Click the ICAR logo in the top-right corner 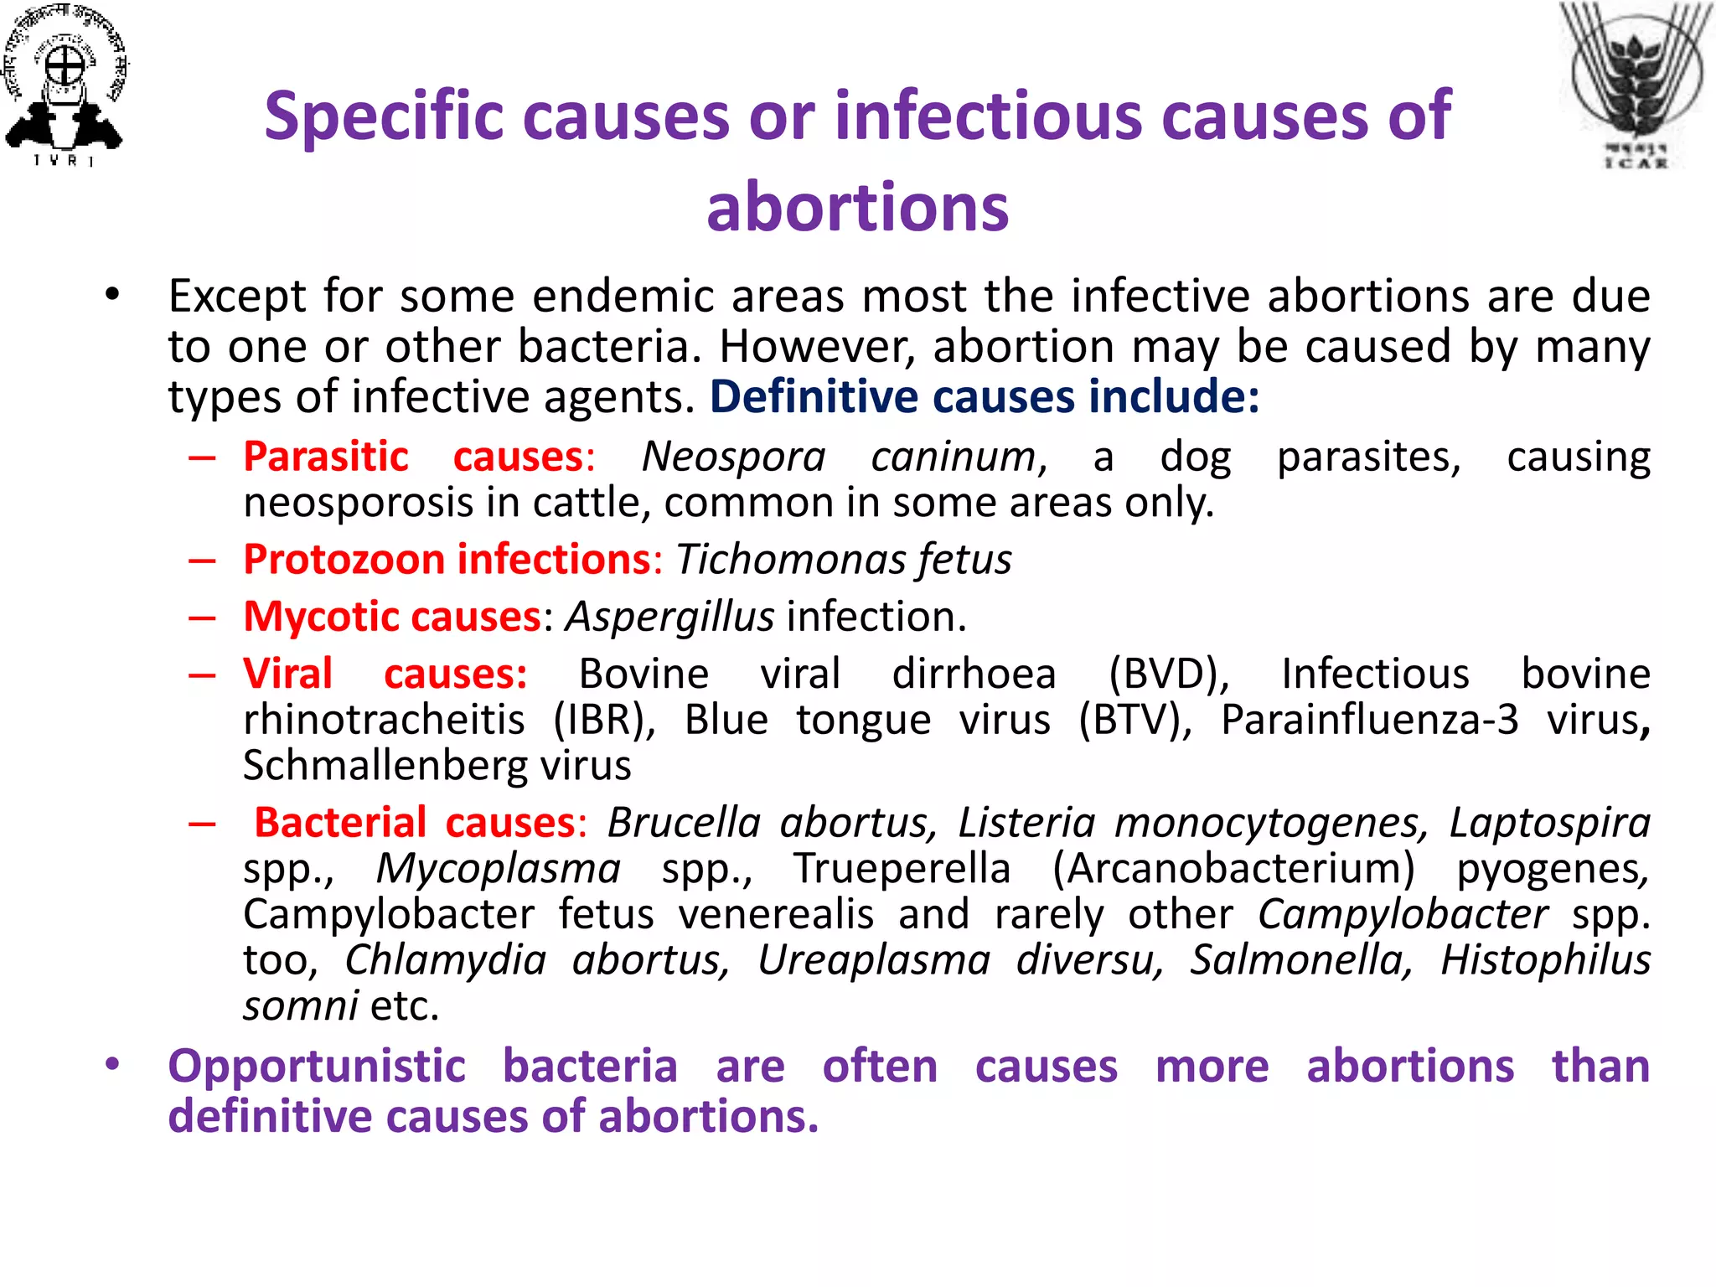click(x=1635, y=84)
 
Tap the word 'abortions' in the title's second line click(x=857, y=207)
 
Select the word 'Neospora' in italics click(x=733, y=457)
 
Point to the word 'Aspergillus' click(x=669, y=618)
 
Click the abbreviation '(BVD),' click(x=1169, y=675)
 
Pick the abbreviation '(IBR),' click(x=604, y=721)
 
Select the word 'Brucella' click(x=684, y=823)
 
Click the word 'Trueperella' click(x=902, y=869)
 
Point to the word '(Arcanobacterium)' click(x=1233, y=869)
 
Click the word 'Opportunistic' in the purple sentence click(x=317, y=1067)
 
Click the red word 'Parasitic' click(x=326, y=457)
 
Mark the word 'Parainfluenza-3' click(x=1369, y=721)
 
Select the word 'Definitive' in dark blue click(x=814, y=397)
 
